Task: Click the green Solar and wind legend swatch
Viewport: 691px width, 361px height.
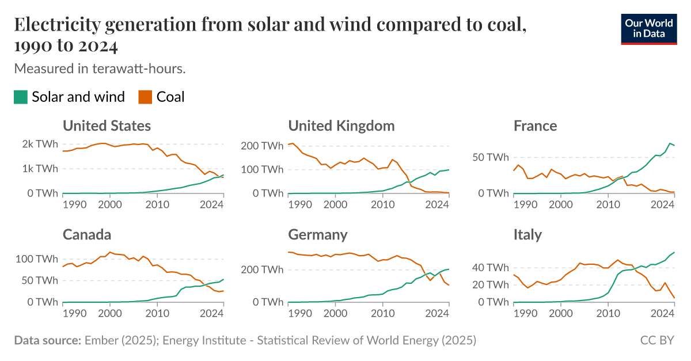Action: pos(21,97)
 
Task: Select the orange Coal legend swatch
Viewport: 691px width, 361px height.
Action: pos(145,97)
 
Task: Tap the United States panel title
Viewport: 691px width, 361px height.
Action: pos(107,126)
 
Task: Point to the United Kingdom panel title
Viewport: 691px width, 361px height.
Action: pos(341,126)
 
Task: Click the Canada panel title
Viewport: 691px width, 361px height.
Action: pos(86,234)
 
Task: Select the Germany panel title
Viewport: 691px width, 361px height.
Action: pos(317,234)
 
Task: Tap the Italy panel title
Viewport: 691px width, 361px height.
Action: pos(527,234)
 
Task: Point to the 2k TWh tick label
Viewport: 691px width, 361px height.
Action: pos(39,145)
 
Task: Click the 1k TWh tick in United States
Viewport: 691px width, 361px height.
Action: pos(39,169)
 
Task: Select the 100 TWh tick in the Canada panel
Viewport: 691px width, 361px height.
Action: pos(37,259)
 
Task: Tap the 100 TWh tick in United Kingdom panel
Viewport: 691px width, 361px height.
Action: pos(262,169)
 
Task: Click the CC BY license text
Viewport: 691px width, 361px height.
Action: pos(657,340)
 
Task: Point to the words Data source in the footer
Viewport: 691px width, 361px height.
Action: pos(47,340)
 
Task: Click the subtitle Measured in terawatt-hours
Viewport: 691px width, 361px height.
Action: pos(100,69)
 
